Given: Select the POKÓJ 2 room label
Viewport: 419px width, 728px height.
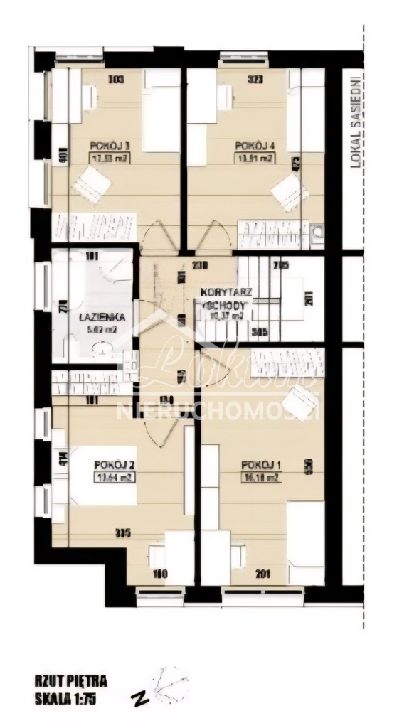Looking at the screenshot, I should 114,465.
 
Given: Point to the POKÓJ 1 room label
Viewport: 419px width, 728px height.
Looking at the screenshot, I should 260,465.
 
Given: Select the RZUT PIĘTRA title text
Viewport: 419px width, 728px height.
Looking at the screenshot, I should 70,682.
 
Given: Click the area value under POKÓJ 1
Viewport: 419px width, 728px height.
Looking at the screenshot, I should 260,478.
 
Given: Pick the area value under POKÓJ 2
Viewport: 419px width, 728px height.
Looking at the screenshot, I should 114,478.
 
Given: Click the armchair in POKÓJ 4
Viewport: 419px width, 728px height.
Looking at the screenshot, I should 290,191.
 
